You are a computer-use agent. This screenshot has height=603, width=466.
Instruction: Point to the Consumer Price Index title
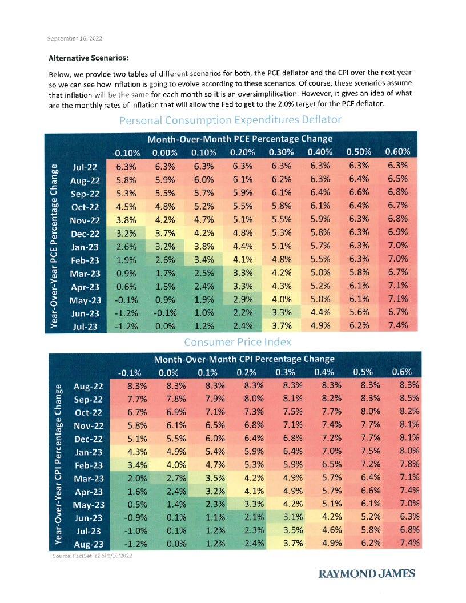238,341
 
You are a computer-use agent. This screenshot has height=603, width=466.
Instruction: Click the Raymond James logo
367,573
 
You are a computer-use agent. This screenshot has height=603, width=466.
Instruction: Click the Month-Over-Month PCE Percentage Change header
240,139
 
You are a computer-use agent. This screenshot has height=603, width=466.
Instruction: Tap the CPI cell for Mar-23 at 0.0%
168,477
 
